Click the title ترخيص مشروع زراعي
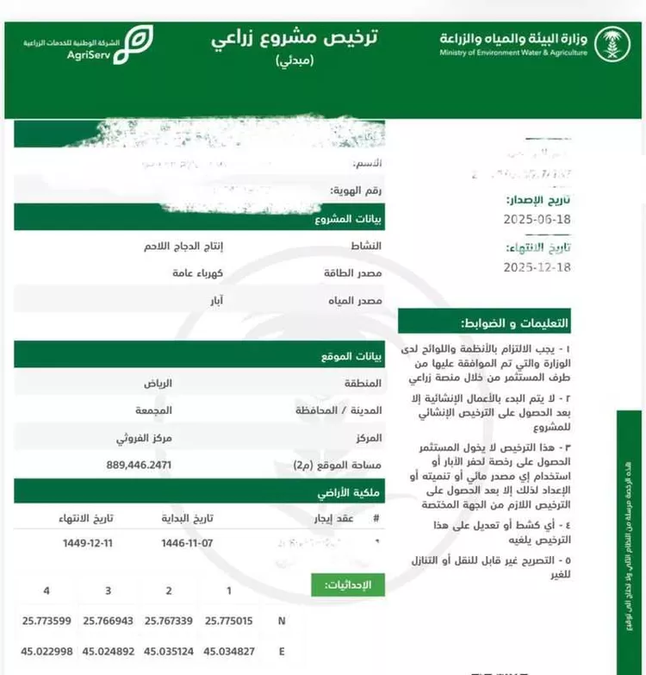295,41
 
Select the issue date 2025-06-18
537,220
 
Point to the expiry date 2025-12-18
537,267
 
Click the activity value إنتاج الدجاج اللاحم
183,246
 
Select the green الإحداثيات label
347,585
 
